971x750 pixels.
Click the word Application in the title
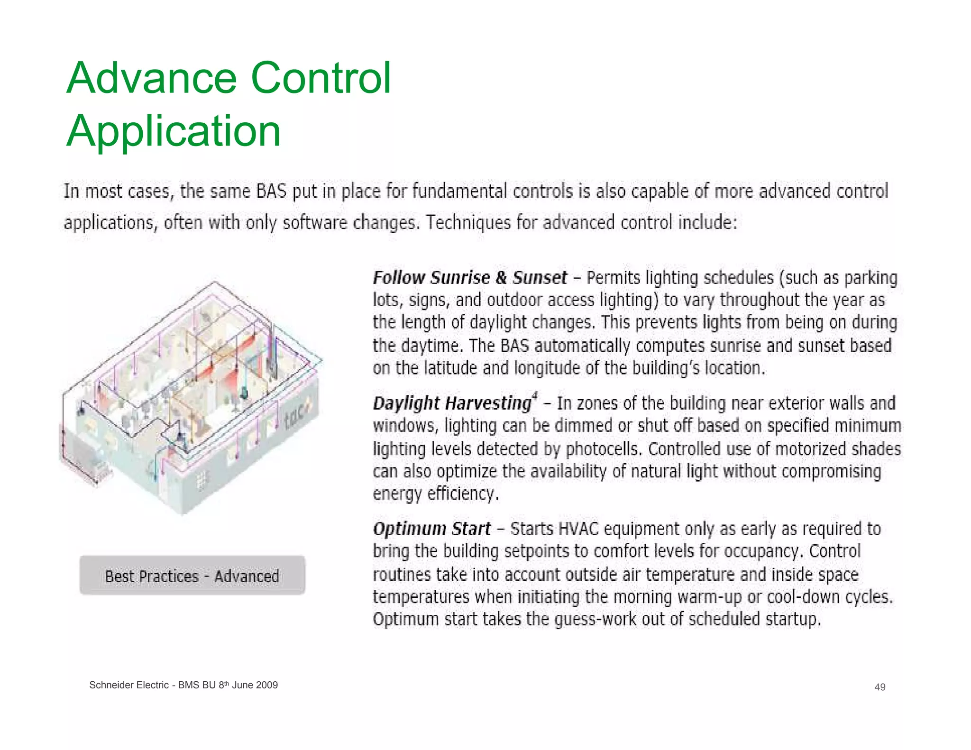click(174, 131)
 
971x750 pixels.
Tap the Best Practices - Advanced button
click(192, 576)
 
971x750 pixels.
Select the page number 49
click(879, 687)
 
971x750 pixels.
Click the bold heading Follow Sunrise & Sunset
click(469, 278)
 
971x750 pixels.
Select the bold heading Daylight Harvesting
click(452, 403)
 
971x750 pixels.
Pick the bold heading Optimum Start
click(431, 529)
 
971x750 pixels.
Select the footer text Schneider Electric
click(128, 685)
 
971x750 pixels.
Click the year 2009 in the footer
click(266, 685)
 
